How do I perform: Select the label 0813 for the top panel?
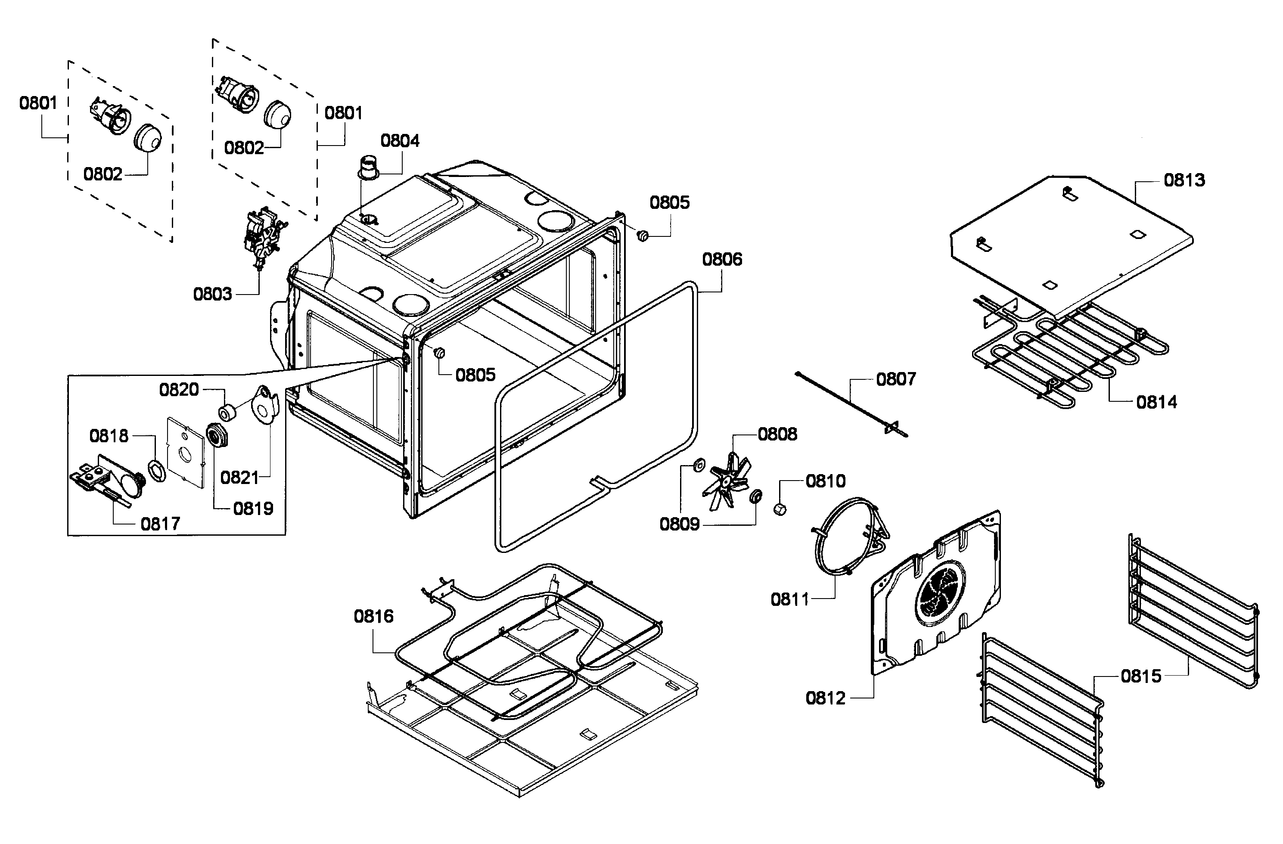pos(1184,180)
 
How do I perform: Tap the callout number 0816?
pos(373,616)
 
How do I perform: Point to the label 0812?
pos(825,698)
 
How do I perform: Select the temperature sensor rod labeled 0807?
pos(852,404)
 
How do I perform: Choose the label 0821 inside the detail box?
pos(239,477)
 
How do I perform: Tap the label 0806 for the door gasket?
pos(722,259)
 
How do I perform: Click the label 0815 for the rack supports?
pos(1141,676)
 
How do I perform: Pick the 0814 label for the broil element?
pos(1156,402)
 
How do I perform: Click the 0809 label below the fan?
pos(679,524)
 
